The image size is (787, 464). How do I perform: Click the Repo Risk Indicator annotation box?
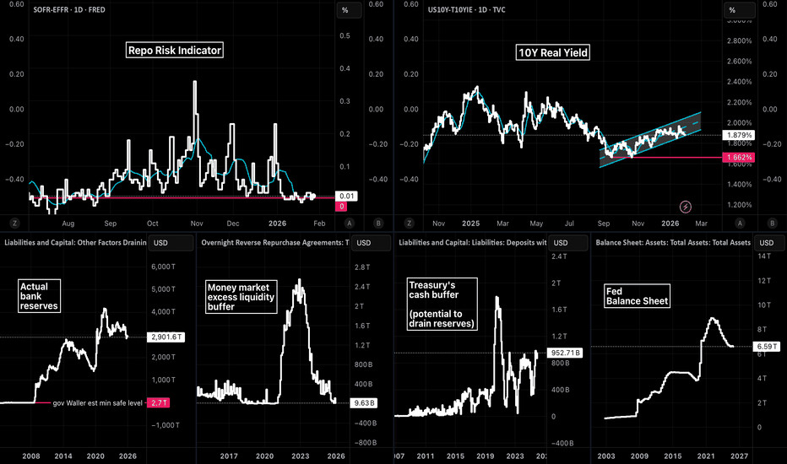tap(176, 51)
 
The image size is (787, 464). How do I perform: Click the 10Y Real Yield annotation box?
tap(553, 53)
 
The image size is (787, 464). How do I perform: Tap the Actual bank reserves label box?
tap(39, 296)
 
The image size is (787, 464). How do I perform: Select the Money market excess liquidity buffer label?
tap(241, 298)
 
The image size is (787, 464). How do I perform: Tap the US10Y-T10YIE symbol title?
tap(468, 10)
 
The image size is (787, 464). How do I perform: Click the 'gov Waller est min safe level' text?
tap(95, 403)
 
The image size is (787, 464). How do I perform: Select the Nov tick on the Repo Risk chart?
tap(196, 224)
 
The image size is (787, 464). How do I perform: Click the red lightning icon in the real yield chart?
tap(686, 206)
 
